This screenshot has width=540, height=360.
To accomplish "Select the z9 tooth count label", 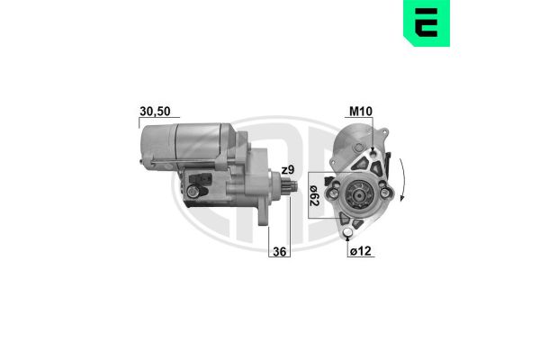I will click(x=287, y=170).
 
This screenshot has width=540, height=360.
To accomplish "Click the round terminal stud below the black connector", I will click(x=193, y=192).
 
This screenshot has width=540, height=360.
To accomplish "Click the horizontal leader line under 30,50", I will click(x=154, y=118).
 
